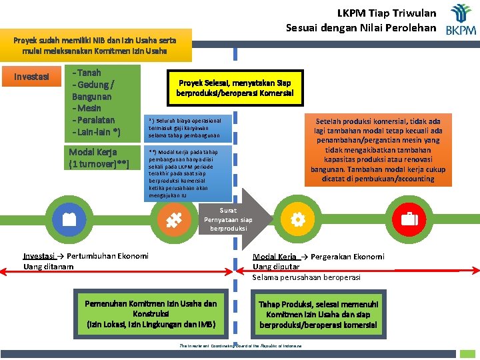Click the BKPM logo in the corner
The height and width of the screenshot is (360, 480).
tap(461, 20)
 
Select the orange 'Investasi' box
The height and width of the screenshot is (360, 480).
tap(32, 76)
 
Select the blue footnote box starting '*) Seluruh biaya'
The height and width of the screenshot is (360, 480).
tap(189, 127)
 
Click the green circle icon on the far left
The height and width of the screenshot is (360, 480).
tap(67, 219)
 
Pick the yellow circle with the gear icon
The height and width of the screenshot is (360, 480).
tap(297, 219)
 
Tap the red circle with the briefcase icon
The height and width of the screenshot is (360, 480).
tap(409, 219)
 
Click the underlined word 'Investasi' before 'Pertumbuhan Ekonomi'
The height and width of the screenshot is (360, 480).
tap(39, 256)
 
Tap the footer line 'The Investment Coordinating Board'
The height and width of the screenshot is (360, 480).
tap(240, 346)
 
